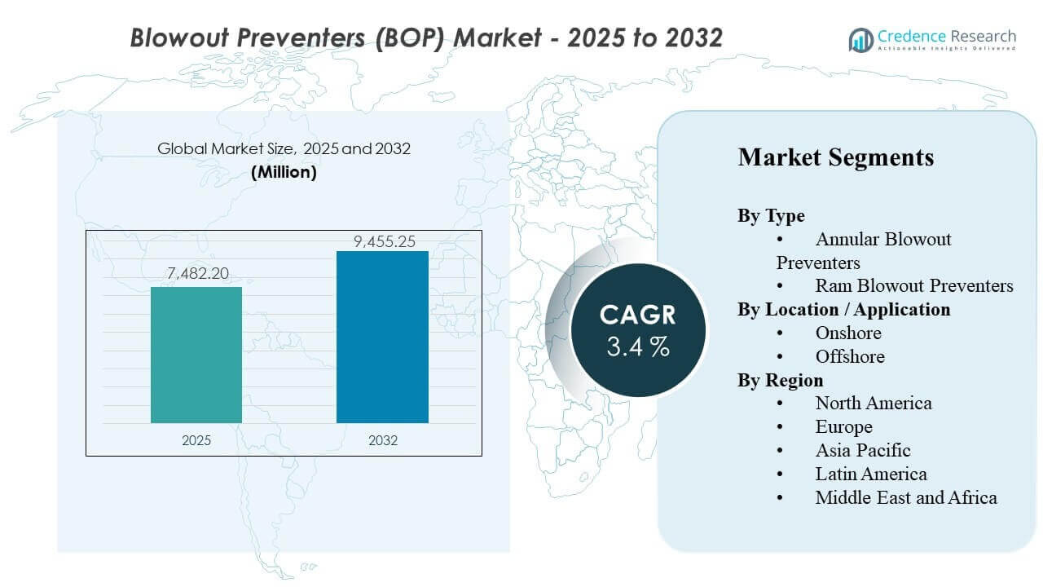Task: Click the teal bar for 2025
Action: [196, 355]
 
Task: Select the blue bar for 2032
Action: [382, 337]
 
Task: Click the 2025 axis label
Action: [196, 440]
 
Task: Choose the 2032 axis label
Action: [382, 440]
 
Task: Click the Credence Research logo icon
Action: [861, 39]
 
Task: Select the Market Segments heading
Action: [835, 157]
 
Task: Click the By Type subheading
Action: [771, 215]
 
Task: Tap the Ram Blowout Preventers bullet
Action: [913, 285]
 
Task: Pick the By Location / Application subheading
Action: [843, 309]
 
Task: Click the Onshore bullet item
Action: [847, 333]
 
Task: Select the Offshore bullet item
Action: [849, 356]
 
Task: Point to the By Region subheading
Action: [780, 380]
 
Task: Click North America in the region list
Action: [873, 403]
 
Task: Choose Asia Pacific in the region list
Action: [862, 450]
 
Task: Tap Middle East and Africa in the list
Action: [905, 497]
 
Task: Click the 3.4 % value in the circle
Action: [638, 346]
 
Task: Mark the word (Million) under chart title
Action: [284, 172]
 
